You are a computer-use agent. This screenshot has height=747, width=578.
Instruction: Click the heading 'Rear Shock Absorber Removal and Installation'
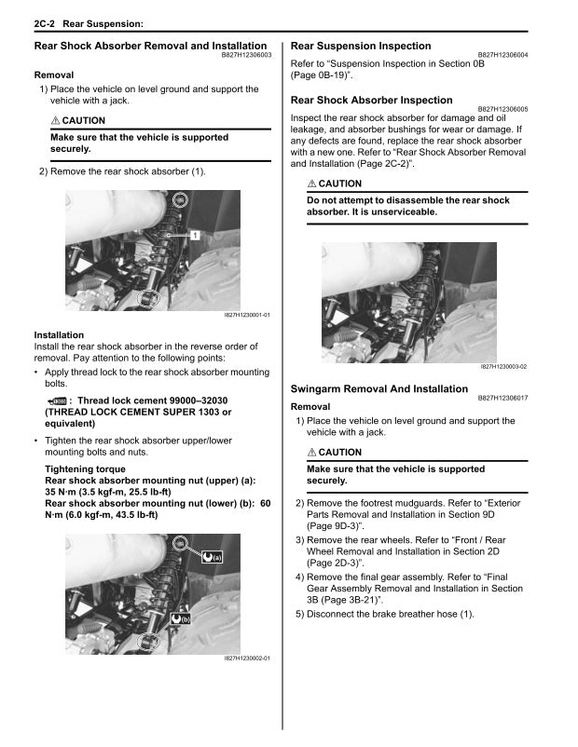click(150, 46)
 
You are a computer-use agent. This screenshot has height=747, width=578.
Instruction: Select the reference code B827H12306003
click(245, 56)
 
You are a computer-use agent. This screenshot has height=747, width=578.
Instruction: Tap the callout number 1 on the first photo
click(196, 236)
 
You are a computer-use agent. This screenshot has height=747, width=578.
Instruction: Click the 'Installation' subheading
click(59, 335)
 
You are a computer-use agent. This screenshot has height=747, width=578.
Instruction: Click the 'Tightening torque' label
click(85, 469)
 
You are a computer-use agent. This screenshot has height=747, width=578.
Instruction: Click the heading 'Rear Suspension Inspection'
click(361, 46)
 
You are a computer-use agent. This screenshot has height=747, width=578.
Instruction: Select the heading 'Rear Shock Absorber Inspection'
click(371, 100)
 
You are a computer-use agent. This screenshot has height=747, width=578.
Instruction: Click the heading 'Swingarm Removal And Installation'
click(379, 389)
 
